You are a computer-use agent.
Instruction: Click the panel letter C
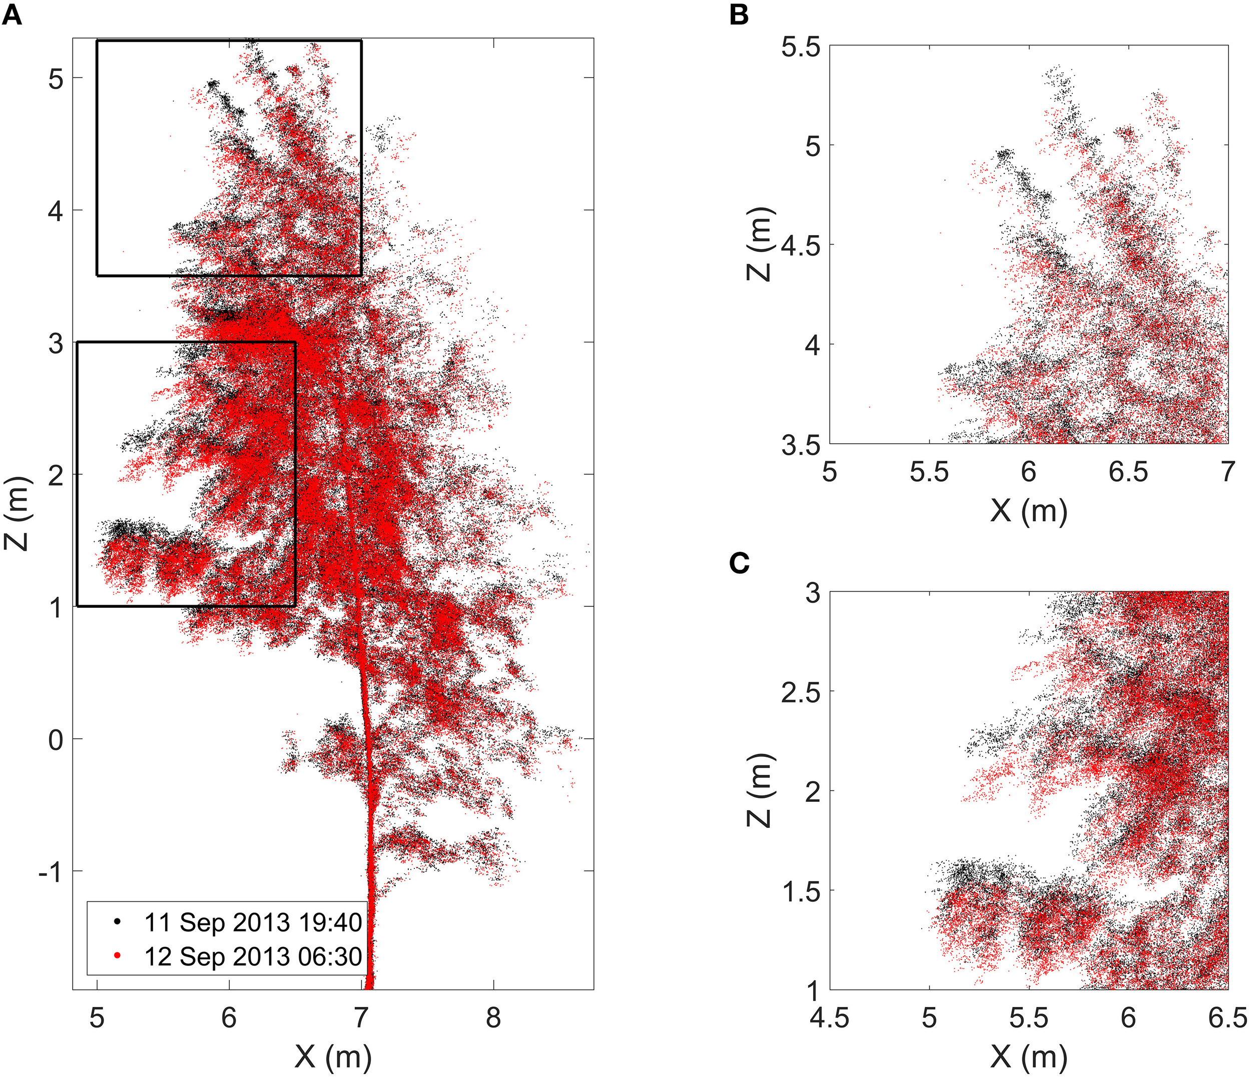pos(739,563)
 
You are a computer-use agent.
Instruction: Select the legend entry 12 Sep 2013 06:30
pos(252,956)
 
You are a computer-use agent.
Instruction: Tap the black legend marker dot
pos(117,921)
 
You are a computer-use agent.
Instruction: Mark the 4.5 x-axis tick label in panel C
pos(830,1018)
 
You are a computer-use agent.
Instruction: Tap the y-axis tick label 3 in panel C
pos(813,593)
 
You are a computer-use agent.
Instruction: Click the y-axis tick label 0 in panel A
pos(56,739)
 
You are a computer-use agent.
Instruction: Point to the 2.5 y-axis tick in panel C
pos(801,692)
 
